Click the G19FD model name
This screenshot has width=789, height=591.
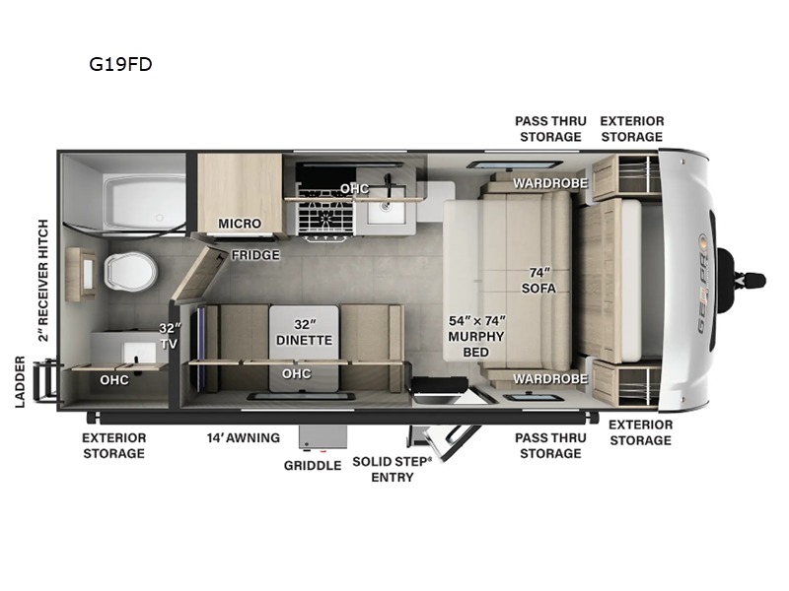click(x=119, y=65)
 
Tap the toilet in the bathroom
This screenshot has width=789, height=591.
click(x=125, y=271)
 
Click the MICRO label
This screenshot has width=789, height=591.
click(x=240, y=224)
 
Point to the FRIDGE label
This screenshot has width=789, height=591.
click(x=255, y=255)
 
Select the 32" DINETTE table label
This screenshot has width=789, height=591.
click(x=304, y=331)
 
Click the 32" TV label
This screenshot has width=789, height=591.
click(x=171, y=337)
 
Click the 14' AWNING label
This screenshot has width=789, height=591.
click(x=243, y=437)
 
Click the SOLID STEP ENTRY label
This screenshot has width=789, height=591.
click(x=393, y=470)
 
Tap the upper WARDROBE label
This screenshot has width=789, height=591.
click(x=549, y=183)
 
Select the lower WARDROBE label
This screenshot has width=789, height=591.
click(x=549, y=375)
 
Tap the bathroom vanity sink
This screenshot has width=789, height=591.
click(x=126, y=349)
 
